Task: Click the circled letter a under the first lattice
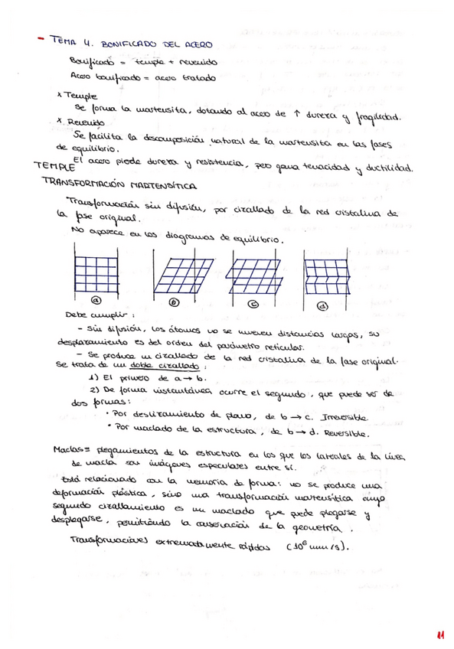tap(97, 300)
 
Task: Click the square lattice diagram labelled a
tap(97, 266)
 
